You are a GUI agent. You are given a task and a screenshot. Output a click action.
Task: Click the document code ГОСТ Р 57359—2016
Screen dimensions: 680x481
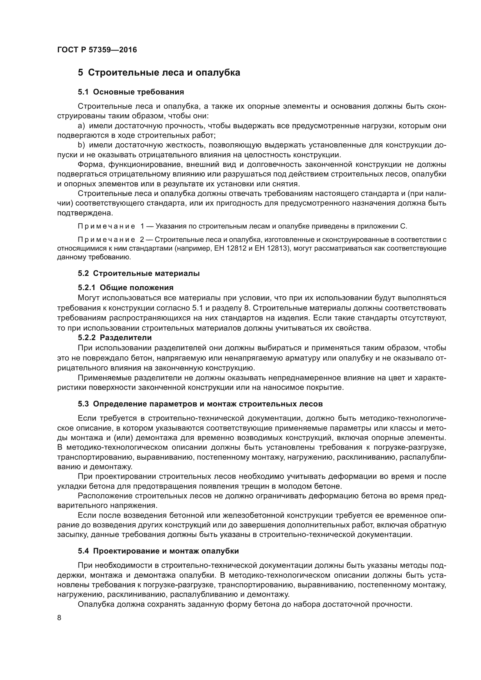[97, 50]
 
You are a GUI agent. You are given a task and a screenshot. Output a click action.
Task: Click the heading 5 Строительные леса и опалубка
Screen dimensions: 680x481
[159, 73]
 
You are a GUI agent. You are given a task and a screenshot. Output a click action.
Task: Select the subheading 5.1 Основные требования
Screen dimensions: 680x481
[131, 92]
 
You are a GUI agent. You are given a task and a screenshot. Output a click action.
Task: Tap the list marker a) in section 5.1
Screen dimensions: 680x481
[81, 126]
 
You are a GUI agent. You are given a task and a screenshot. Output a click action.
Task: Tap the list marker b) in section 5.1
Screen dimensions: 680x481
[81, 145]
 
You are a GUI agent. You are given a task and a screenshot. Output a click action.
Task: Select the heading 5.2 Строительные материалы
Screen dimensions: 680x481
[139, 273]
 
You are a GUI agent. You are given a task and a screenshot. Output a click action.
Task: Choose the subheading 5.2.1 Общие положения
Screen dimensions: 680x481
[126, 288]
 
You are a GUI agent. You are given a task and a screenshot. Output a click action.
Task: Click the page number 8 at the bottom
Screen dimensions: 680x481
[59, 618]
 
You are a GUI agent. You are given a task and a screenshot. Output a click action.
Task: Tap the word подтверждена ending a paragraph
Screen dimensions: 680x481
[85, 213]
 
